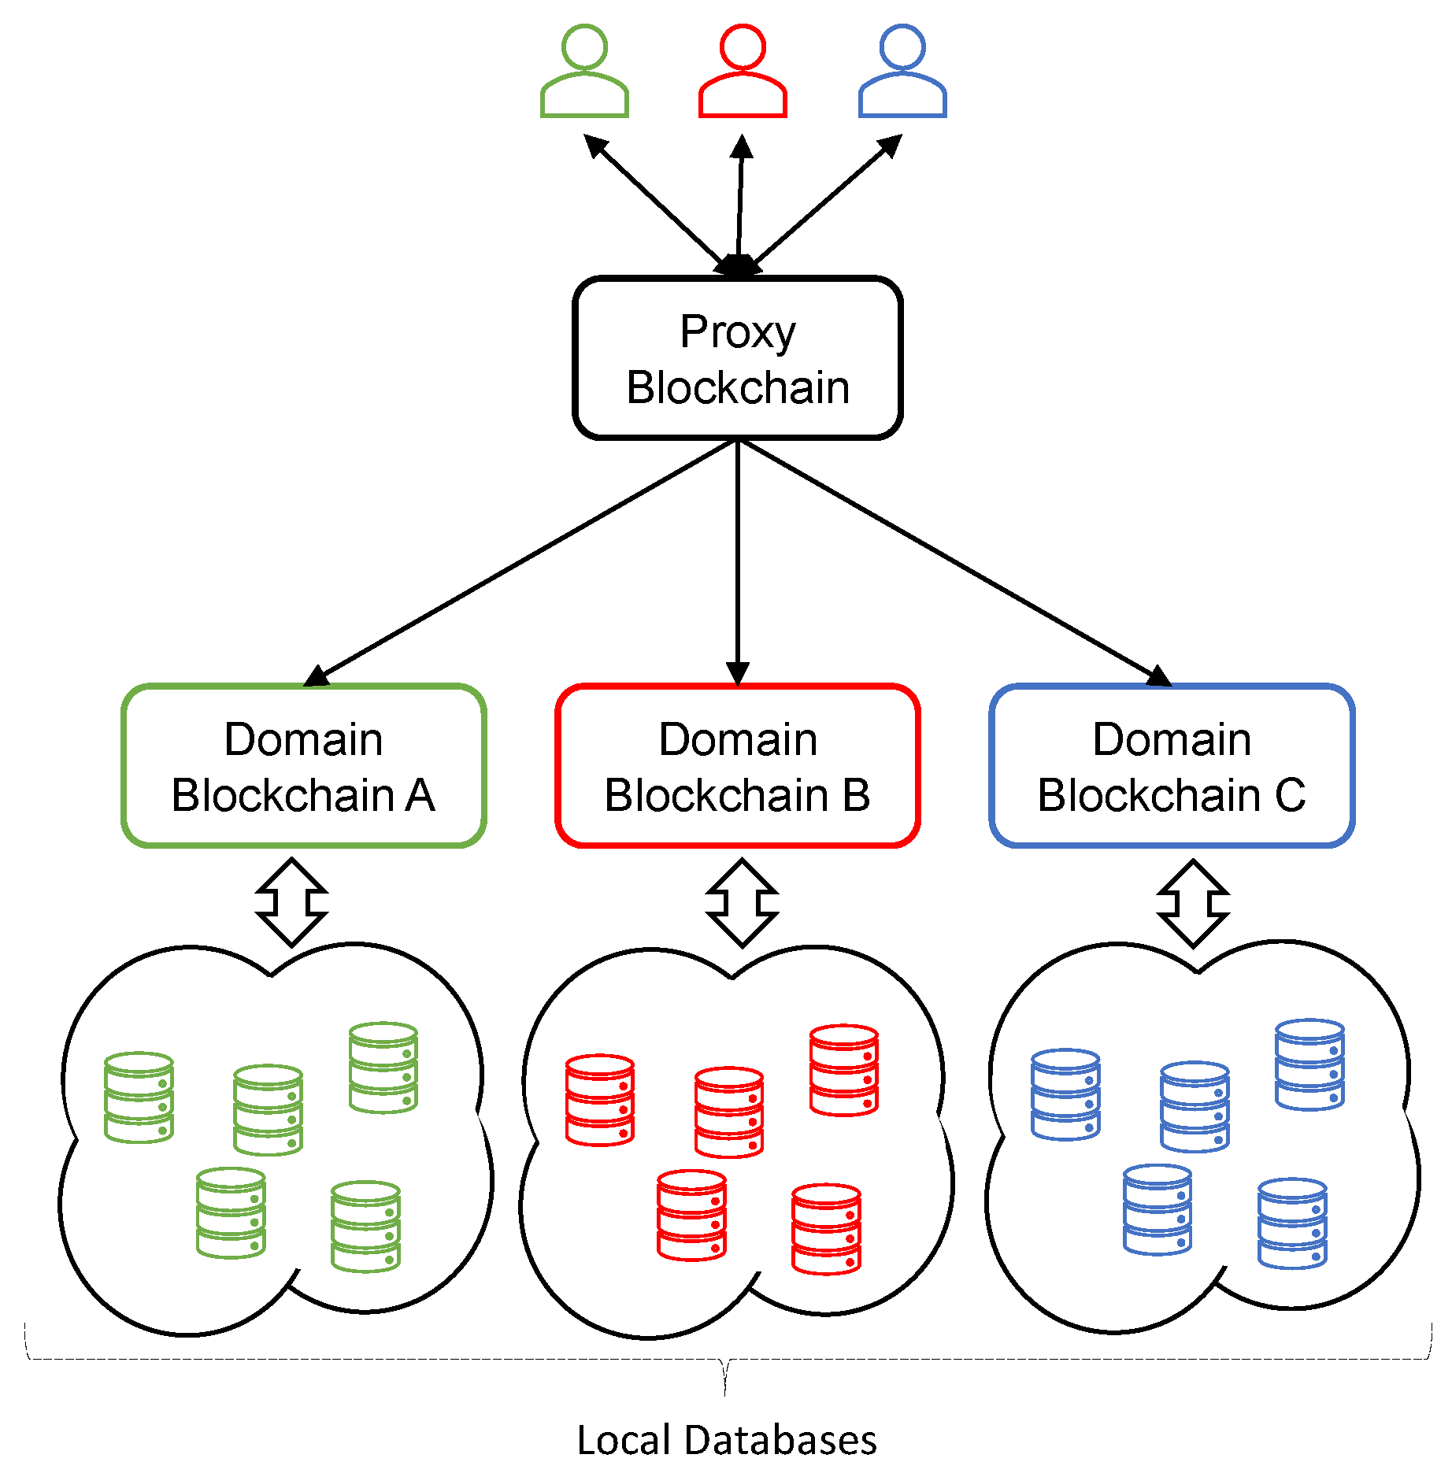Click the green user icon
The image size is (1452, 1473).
tap(584, 72)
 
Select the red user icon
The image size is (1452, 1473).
tap(743, 72)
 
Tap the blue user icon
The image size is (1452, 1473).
tap(902, 72)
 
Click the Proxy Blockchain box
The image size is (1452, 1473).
tap(738, 358)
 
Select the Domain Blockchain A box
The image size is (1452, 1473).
tap(304, 765)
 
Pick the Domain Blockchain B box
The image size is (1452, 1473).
tap(738, 765)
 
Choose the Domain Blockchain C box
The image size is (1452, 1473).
tap(1172, 765)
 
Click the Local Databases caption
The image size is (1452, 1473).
tap(726, 1440)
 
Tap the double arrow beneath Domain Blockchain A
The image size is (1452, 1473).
tap(292, 902)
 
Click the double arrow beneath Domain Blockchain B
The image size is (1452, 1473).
tap(742, 903)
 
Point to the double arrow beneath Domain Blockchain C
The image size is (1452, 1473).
tap(1193, 903)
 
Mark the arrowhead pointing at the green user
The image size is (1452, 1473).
tap(596, 146)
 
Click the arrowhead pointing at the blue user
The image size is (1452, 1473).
tap(891, 146)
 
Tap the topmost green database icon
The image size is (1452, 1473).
tap(383, 1068)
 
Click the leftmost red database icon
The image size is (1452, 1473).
tap(600, 1100)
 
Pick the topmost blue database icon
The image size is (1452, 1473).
tap(1309, 1064)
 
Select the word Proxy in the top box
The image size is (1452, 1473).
tap(738, 331)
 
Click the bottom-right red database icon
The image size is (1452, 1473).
tap(826, 1229)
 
